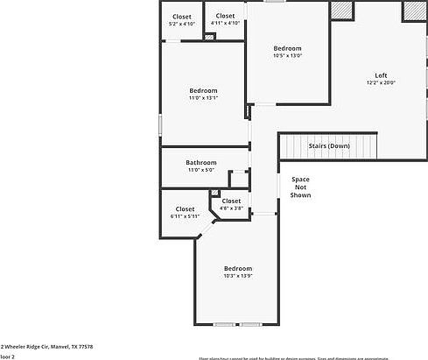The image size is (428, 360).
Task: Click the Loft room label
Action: click(x=381, y=75)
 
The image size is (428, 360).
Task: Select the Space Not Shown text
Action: click(x=300, y=187)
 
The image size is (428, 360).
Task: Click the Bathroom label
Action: click(x=200, y=162)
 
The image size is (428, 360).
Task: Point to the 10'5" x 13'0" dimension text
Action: click(x=287, y=56)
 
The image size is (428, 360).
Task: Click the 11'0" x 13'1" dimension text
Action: click(x=203, y=98)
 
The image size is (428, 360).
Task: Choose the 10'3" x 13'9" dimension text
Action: click(x=237, y=276)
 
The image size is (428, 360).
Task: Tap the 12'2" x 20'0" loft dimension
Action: click(x=381, y=83)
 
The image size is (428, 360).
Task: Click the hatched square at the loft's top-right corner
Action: click(x=412, y=11)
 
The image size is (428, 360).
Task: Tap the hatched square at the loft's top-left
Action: click(x=340, y=10)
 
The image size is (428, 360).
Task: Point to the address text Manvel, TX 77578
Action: click(x=72, y=347)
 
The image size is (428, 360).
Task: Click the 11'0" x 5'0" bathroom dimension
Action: click(x=200, y=170)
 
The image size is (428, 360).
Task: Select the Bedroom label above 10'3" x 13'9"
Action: click(x=237, y=268)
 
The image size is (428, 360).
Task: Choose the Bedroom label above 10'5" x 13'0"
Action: click(x=287, y=48)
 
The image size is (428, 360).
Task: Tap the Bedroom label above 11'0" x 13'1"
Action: click(x=203, y=90)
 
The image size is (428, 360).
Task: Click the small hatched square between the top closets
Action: click(x=209, y=37)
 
